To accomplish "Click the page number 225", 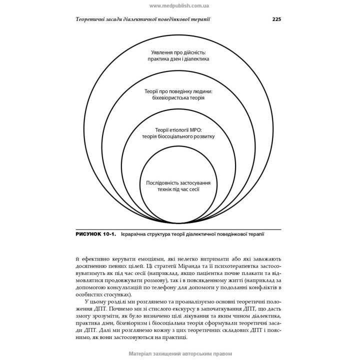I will (x=276, y=19).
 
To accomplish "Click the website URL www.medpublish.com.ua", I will (x=179, y=5).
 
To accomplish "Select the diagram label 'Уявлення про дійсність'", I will (x=178, y=51).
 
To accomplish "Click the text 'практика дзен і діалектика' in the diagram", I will (x=178, y=59).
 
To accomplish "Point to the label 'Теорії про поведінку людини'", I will (x=179, y=91).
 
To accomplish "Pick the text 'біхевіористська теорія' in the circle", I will (x=179, y=99).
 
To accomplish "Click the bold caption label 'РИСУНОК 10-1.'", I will (x=95, y=234).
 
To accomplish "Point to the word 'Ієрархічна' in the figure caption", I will (x=136, y=234).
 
